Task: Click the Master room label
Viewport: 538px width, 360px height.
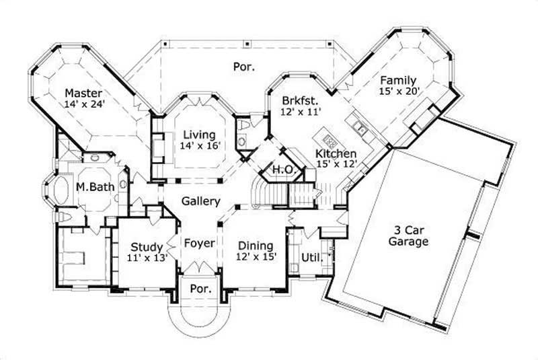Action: (x=83, y=92)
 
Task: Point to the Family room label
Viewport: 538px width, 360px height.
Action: (x=399, y=80)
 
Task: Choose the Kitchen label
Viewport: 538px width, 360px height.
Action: (x=336, y=154)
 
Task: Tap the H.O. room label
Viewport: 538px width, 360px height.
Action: (x=283, y=170)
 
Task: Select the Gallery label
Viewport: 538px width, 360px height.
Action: (x=201, y=201)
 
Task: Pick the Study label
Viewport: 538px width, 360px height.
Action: (x=147, y=246)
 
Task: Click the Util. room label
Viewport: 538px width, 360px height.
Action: (x=310, y=257)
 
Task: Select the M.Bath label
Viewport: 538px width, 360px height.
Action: (x=93, y=186)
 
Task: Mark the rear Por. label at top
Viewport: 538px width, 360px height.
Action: (x=242, y=67)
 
